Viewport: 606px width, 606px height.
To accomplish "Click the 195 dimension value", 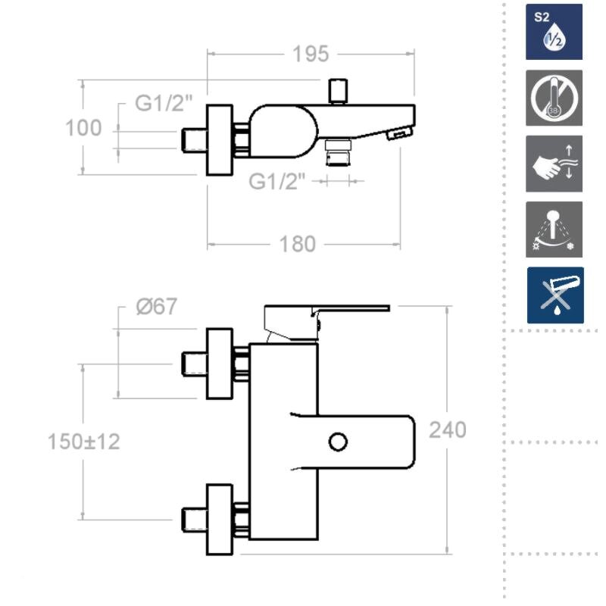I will click(311, 54).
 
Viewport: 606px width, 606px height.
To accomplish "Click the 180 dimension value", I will click(297, 244).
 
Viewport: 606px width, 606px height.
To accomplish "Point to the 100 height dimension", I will click(83, 128).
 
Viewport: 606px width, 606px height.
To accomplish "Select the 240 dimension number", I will click(448, 430).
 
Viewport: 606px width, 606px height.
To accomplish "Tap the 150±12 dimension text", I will click(83, 441).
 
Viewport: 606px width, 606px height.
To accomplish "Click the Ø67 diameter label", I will click(156, 307).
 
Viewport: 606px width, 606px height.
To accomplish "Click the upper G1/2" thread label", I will click(164, 104).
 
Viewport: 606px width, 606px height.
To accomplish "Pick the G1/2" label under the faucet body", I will click(278, 182).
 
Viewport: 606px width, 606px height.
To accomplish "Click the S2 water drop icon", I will click(554, 32).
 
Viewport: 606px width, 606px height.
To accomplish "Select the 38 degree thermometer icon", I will click(554, 98).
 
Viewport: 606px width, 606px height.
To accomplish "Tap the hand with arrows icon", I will click(554, 164).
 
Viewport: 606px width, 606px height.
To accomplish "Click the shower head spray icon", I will click(554, 230).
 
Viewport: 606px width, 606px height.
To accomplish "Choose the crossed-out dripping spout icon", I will click(555, 295).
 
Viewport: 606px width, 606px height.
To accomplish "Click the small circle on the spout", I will click(338, 441).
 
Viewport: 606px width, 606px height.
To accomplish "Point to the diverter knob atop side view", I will click(336, 91).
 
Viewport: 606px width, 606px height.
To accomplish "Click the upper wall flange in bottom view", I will click(220, 364).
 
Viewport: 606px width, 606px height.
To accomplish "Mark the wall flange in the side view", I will click(220, 140).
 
